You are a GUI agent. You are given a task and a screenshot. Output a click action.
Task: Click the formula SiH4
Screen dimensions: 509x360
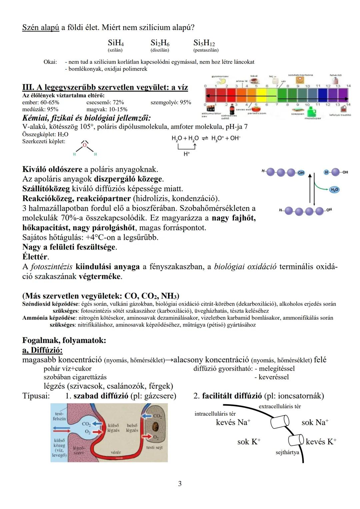pos(116,43)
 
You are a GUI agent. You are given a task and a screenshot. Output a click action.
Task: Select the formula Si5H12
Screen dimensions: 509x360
pos(204,43)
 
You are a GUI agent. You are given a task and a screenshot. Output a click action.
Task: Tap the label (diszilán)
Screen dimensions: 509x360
pos(160,50)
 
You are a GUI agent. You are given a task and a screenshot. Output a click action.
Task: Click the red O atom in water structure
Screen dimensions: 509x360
pos(85,145)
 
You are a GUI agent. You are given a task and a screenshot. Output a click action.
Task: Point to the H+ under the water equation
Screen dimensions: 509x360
pos(187,154)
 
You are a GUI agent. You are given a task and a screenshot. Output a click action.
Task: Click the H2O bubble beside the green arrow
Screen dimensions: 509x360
pos(334,190)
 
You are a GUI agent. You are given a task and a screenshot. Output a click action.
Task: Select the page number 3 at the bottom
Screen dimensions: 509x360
pos(180,484)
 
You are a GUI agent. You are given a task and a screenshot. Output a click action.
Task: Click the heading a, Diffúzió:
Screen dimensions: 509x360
pos(42,350)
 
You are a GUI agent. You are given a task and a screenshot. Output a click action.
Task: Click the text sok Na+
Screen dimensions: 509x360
pos(315,422)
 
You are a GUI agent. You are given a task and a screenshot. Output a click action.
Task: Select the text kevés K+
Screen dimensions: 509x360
pos(321,442)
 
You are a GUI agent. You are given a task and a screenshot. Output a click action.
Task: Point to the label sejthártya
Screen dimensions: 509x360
pos(287,452)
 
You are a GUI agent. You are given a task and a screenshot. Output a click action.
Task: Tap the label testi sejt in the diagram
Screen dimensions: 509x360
pos(154,447)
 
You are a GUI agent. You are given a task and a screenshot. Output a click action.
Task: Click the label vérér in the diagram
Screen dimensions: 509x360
pos(116,452)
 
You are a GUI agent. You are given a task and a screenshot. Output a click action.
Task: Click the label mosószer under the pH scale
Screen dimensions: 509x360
pos(313,118)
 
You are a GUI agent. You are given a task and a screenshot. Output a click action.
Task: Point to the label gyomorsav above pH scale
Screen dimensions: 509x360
pos(220,76)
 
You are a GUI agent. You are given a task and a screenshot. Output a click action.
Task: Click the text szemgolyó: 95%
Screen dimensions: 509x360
pos(171,102)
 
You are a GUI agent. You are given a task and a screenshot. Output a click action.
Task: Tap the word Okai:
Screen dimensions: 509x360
pos(50,62)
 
